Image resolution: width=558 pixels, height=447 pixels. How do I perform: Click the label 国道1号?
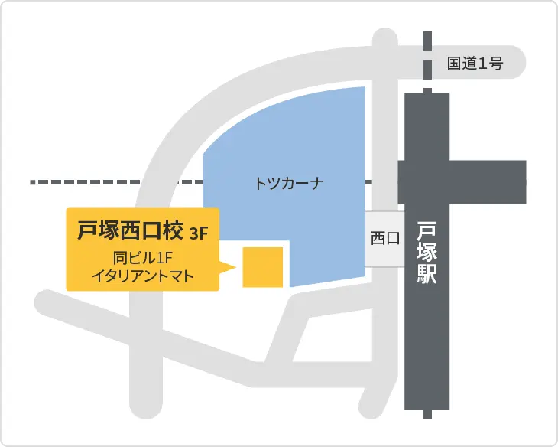pos(475,64)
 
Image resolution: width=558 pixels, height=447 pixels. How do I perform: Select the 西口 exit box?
pos(384,239)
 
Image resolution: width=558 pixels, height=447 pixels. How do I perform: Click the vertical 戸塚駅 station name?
pos(427,253)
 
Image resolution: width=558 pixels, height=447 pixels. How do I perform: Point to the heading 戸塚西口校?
pos(128,230)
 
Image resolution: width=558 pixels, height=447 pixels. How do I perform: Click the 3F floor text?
pos(199,233)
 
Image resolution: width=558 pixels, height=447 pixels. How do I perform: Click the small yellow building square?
pos(263,267)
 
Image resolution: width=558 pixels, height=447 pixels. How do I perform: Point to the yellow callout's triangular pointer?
pos(227,267)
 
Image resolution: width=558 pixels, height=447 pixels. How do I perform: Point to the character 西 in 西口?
pos(378,239)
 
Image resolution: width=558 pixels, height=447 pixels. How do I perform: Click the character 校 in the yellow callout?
pos(172,230)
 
